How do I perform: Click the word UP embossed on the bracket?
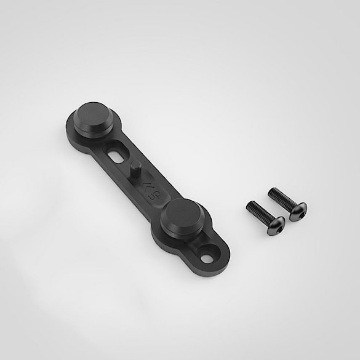151,195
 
